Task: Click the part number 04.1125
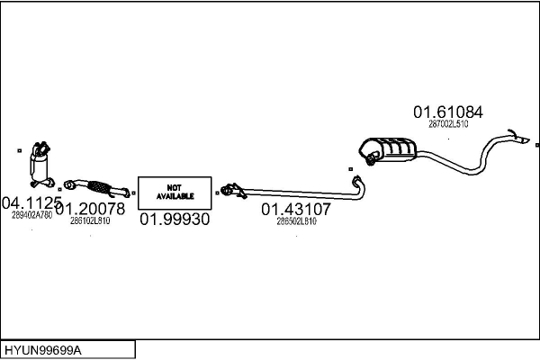31,202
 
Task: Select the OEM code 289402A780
31,215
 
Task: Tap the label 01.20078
89,208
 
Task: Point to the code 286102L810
90,220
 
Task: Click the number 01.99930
175,219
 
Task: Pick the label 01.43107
296,209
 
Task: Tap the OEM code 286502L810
296,220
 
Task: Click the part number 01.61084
448,112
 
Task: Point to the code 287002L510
448,124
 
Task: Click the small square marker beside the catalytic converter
19,150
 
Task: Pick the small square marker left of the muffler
350,168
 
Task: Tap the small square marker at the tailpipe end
536,145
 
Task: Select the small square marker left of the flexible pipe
59,189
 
